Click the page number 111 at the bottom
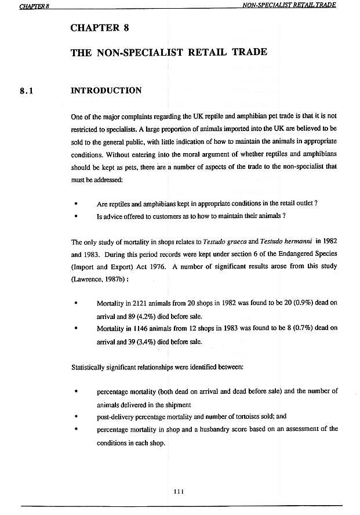(x=179, y=491)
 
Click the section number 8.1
(x=28, y=90)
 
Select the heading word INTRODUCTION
(x=106, y=90)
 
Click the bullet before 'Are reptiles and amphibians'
(x=76, y=204)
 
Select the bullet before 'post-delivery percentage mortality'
(x=76, y=417)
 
